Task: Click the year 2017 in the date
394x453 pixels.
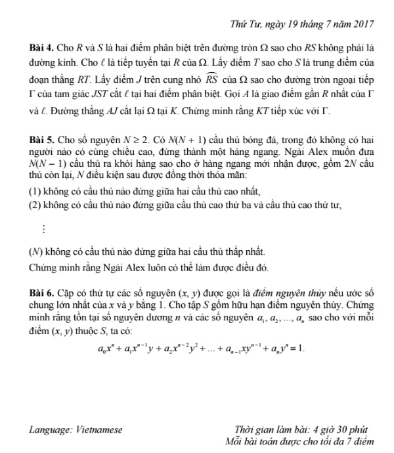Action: point(362,24)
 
